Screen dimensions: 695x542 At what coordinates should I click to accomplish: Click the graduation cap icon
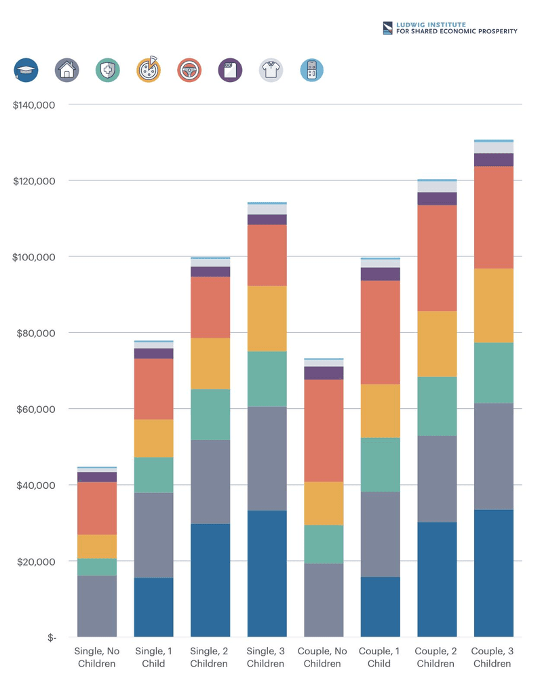click(26, 70)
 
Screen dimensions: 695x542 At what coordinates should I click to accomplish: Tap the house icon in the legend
click(66, 70)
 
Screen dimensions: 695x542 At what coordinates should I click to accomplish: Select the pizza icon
click(149, 70)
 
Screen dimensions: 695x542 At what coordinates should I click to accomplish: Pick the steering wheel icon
click(189, 70)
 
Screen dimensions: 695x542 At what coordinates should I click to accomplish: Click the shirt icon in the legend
click(271, 70)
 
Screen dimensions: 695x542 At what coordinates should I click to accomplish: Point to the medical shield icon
click(108, 70)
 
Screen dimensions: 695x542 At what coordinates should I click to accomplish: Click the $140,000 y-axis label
click(34, 105)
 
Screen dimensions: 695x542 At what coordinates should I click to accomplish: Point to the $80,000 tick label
click(34, 334)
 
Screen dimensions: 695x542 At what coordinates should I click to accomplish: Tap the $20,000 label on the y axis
click(34, 562)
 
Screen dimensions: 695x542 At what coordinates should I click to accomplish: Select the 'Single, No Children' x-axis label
click(97, 657)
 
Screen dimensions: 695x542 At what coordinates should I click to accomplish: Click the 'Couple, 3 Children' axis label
click(493, 657)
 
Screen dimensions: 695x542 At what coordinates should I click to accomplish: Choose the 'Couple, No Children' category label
click(323, 657)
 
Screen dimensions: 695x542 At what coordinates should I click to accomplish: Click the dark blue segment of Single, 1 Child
click(153, 607)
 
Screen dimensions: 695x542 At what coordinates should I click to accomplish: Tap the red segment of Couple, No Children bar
click(323, 431)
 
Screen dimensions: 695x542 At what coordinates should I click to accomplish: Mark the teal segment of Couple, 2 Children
click(436, 406)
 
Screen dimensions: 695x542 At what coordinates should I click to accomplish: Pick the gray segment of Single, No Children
click(97, 606)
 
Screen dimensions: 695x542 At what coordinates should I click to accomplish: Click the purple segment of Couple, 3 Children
click(493, 160)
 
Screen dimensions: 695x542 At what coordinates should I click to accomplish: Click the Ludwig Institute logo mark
click(387, 28)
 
